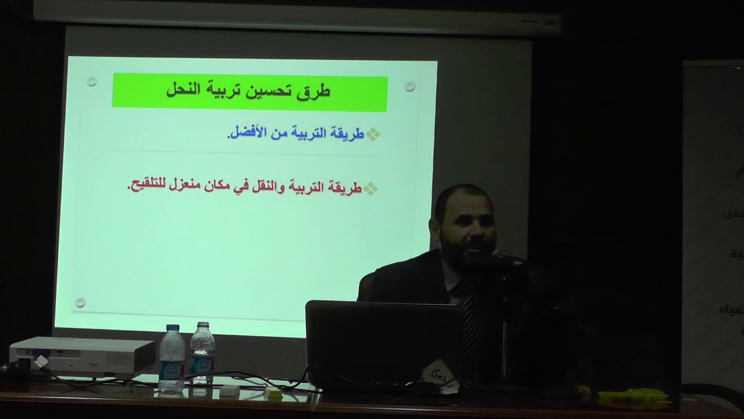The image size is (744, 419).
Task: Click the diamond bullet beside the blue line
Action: click(373, 134)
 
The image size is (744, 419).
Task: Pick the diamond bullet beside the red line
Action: click(370, 188)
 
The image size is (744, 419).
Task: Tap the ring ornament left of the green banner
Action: click(91, 81)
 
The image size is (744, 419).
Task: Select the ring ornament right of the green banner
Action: click(410, 87)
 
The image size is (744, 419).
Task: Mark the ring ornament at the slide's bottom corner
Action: click(81, 303)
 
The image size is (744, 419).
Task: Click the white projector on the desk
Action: click(82, 356)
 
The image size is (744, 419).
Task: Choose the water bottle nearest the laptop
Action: click(202, 355)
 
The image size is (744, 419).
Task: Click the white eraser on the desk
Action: click(229, 390)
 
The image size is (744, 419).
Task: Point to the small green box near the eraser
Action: click(272, 393)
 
